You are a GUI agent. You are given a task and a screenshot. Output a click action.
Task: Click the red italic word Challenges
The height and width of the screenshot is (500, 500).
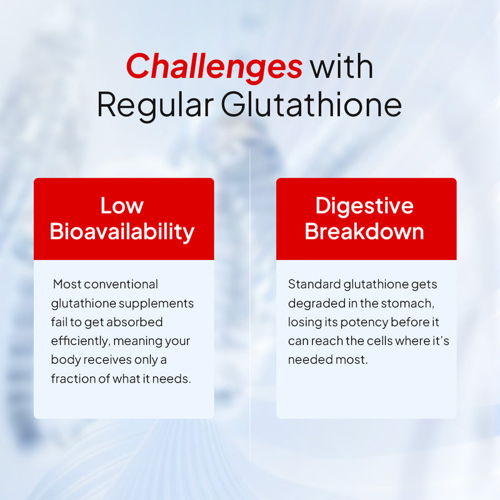(214, 66)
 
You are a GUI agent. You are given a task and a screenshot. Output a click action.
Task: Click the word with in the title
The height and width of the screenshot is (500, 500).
(342, 66)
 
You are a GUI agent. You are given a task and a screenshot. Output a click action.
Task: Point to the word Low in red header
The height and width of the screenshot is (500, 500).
(122, 206)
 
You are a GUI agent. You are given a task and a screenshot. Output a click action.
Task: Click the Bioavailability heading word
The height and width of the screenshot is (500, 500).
(122, 232)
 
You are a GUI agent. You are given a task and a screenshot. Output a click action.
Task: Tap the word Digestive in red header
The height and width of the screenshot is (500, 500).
(364, 206)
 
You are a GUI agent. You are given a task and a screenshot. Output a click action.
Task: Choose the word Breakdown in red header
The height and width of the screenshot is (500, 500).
(364, 232)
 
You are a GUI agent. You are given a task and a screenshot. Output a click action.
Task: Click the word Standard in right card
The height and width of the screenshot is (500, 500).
(314, 284)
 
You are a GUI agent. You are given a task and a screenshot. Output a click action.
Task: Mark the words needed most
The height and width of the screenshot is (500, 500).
(328, 360)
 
